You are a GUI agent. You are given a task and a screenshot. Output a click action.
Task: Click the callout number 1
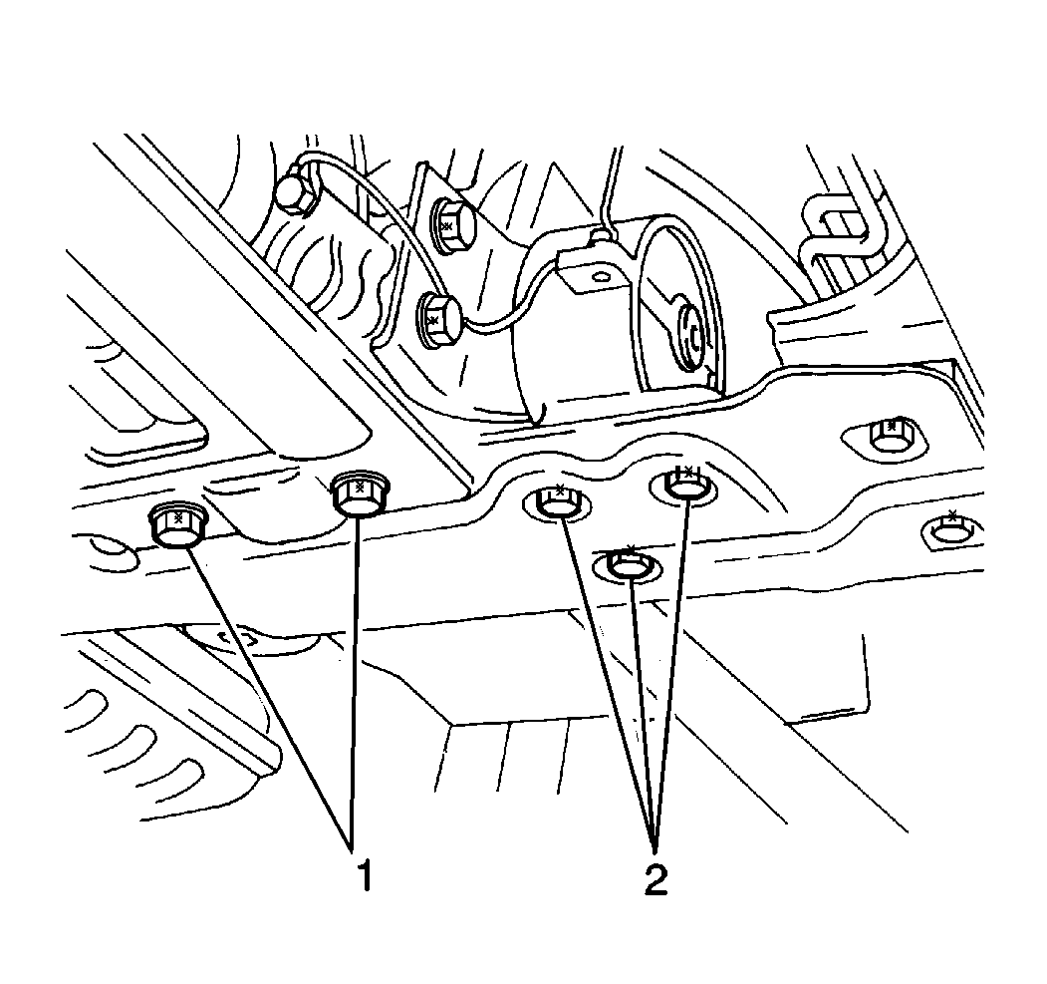365,877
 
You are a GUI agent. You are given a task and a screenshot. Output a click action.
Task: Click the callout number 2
654,878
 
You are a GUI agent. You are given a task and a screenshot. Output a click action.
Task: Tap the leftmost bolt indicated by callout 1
177,525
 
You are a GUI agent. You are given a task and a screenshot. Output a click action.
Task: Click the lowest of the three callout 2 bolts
627,566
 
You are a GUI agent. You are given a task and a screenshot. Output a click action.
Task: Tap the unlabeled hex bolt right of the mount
887,436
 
